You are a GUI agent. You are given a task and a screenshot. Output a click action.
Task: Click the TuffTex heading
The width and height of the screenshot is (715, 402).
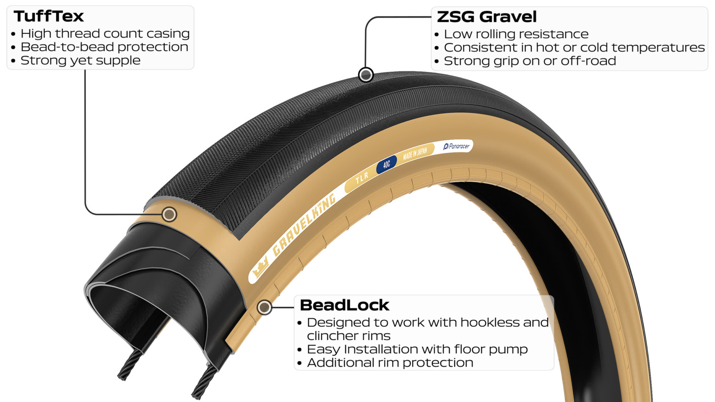(49, 16)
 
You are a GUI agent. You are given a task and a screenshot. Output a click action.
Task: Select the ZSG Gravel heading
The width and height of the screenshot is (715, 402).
(487, 17)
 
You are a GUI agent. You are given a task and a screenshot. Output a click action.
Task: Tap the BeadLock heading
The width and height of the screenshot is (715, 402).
(345, 305)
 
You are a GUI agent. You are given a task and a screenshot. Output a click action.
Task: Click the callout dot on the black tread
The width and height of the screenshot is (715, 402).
(366, 75)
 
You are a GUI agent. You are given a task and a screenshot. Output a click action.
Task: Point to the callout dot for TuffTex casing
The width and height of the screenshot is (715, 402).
(169, 214)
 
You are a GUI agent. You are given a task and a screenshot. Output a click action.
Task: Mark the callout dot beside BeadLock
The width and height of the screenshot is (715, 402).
(264, 308)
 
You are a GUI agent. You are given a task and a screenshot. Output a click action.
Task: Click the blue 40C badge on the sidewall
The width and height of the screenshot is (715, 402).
(387, 164)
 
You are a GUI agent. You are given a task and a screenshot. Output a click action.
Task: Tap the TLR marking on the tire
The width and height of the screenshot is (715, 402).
(362, 178)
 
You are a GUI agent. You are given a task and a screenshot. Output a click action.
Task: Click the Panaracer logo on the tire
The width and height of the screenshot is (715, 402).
(457, 146)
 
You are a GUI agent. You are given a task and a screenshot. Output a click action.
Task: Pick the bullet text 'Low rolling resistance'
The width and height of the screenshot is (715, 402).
(516, 34)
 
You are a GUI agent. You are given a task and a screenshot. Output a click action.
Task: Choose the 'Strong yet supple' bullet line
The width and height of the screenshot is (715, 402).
(81, 60)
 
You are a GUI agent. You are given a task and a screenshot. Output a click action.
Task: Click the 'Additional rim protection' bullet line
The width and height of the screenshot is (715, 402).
(390, 363)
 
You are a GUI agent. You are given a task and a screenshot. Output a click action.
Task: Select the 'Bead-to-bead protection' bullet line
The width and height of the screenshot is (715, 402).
(104, 47)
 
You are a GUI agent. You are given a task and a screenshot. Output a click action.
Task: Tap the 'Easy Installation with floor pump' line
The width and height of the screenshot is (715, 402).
(417, 349)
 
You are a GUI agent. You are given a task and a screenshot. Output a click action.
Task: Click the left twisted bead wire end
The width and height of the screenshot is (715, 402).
(123, 376)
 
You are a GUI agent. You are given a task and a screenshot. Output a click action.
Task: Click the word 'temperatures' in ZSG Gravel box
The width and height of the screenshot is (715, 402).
(658, 48)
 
